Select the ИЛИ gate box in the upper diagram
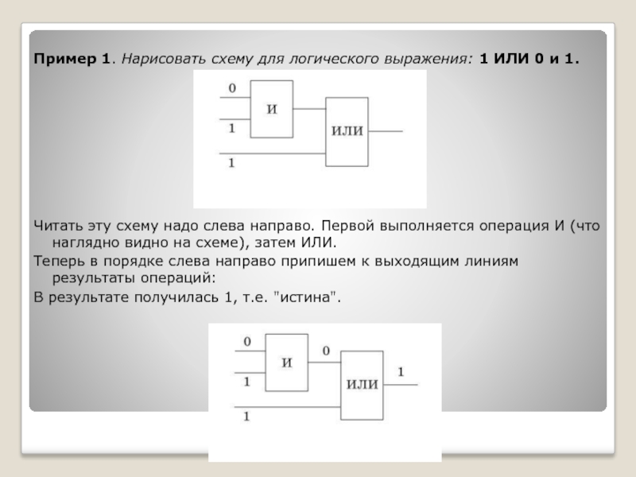coord(347,132)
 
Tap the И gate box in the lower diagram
coord(287,363)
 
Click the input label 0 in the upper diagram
coord(232,89)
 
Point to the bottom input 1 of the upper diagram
coord(232,163)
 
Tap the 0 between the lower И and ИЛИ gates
coord(326,351)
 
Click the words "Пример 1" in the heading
coord(71,59)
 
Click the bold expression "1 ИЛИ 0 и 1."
coord(529,59)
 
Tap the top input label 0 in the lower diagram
coord(247,342)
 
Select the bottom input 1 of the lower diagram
coord(247,416)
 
